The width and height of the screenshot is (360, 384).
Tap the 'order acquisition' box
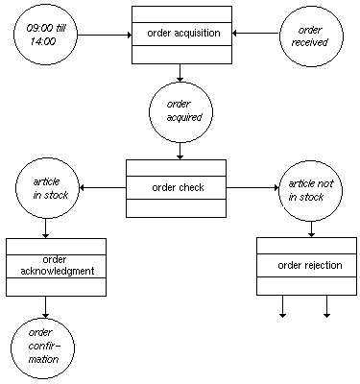(x=180, y=34)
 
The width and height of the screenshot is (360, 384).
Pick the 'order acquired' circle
(x=180, y=111)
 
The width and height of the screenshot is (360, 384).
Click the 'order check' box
(x=176, y=187)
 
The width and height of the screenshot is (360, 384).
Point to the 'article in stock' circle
(x=45, y=187)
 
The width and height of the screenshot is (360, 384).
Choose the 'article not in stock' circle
(x=310, y=187)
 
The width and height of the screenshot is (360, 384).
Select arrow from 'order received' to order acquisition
(x=255, y=35)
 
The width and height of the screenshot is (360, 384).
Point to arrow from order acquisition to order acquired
(x=180, y=72)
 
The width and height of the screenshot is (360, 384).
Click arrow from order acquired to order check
(x=180, y=150)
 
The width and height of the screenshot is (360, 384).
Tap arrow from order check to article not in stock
(x=252, y=187)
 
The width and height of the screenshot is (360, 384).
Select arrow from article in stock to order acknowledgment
(x=45, y=228)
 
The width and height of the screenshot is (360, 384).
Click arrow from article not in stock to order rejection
(x=310, y=228)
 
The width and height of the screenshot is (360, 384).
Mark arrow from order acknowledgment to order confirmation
(x=45, y=306)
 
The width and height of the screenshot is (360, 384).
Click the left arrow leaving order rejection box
(x=282, y=305)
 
